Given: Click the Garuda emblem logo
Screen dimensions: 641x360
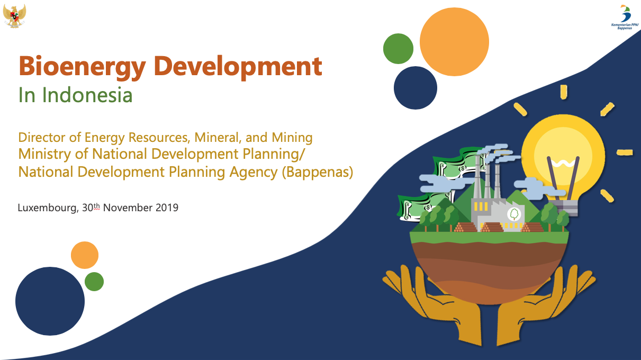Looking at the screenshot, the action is pos(15,16).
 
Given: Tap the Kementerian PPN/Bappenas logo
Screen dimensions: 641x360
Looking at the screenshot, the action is pos(625,17).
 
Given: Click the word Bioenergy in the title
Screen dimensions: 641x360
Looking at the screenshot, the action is pos(83,67).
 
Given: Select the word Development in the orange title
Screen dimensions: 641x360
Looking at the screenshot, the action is pos(238,66).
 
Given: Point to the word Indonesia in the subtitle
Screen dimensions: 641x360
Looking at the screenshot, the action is pos(87,95).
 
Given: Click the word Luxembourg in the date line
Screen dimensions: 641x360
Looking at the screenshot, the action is pos(48,208).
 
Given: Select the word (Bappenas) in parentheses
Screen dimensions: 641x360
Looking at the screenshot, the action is pos(318,172).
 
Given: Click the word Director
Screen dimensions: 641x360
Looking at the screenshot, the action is pos(43,137).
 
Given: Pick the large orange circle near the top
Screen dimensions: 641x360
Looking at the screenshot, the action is pos(454,42).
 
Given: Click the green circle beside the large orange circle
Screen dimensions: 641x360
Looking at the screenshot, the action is pos(398,49).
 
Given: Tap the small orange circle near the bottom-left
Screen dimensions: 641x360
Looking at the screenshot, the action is pos(85,255).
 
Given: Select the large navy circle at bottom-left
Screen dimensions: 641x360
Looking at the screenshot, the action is pos(50,301).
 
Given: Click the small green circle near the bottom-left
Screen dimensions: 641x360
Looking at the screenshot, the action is pos(94,282).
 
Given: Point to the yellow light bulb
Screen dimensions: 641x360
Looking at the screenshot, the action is pos(563,160).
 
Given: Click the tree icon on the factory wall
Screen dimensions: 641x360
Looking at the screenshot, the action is pos(514,214).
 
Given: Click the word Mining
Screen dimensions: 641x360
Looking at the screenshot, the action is pos(292,138).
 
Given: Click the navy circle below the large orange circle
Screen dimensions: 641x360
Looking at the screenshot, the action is pos(415,88).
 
